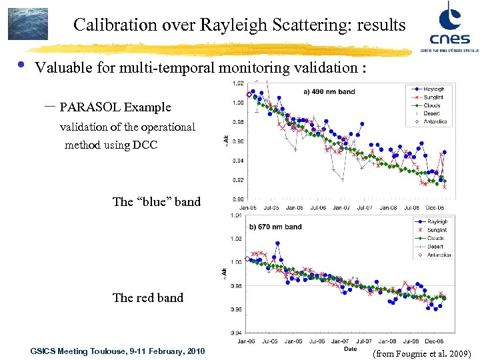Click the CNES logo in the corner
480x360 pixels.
(446, 26)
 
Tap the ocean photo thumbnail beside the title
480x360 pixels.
(27, 24)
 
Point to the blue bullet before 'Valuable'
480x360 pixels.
(21, 65)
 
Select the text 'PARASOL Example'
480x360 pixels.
(115, 107)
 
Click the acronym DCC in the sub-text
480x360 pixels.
(145, 145)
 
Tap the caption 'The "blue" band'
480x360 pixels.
(157, 201)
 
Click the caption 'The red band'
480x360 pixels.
(148, 297)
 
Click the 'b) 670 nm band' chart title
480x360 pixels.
(275, 227)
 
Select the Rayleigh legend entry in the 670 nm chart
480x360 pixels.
(437, 222)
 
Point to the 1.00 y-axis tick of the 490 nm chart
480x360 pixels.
(237, 103)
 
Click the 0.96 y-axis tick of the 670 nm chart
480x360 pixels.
(237, 309)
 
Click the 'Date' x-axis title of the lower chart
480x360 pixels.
(349, 348)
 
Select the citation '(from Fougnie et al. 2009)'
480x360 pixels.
(422, 352)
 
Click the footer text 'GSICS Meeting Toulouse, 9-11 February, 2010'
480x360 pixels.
(117, 351)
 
